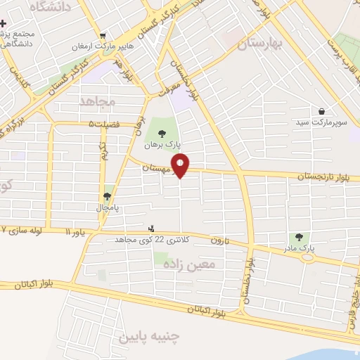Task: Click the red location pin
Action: [181, 165]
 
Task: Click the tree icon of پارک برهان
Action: [162, 131]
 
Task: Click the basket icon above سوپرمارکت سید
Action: [321, 111]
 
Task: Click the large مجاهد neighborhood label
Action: [97, 102]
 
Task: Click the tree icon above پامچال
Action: [108, 197]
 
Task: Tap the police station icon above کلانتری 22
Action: [150, 229]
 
